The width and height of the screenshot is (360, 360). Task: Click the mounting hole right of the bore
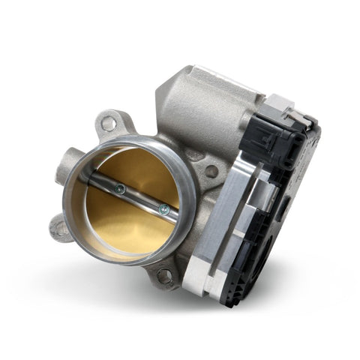point(211,172)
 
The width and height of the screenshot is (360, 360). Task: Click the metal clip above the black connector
point(281,105)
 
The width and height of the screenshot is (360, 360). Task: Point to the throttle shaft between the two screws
point(140,199)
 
